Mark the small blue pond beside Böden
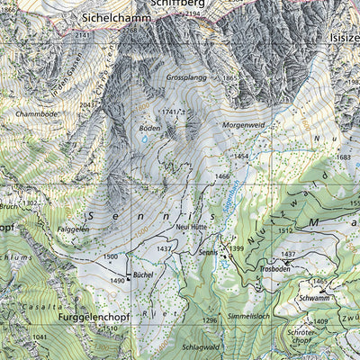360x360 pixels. coord(142,140)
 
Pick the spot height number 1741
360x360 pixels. coord(167,112)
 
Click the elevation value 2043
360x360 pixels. coord(87,105)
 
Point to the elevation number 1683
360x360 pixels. coord(343,157)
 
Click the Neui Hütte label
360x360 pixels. coord(193,229)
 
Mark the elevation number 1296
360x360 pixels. coord(210,320)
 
